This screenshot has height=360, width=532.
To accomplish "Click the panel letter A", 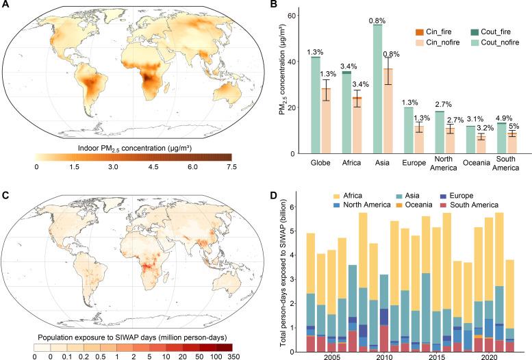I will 6,5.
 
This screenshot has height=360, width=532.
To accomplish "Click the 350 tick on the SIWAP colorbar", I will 233,357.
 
